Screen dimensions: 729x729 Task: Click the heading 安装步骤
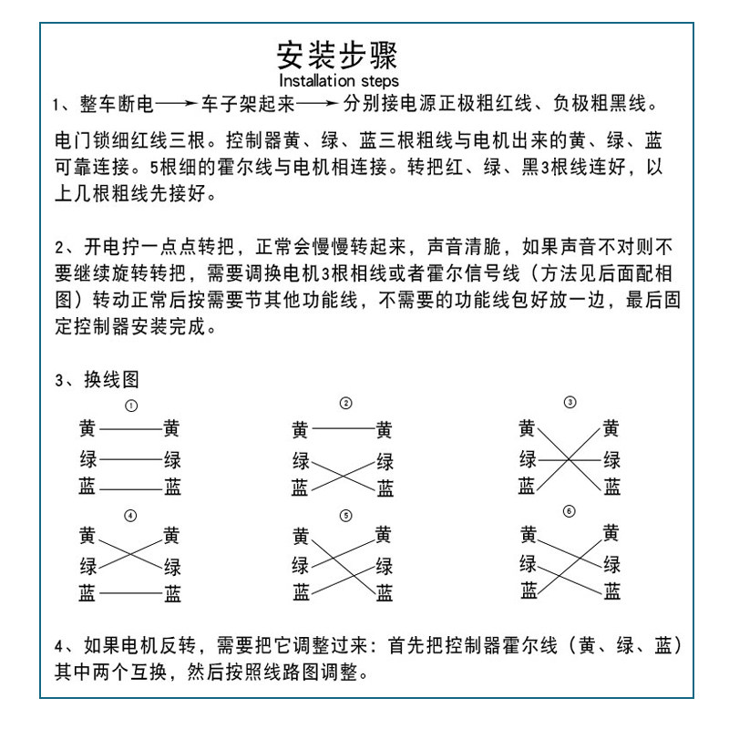point(337,56)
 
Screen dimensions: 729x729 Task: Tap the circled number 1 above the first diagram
point(131,406)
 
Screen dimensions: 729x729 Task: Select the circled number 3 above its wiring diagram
point(570,402)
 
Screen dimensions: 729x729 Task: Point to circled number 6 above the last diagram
point(570,511)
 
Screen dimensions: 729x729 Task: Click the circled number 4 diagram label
point(130,516)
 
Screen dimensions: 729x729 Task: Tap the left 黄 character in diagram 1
point(87,428)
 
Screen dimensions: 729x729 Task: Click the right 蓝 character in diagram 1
point(172,488)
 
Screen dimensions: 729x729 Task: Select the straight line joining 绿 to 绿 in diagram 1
point(130,458)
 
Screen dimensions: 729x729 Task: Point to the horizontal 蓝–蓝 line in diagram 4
point(130,593)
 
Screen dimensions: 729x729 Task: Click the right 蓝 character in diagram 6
point(611,591)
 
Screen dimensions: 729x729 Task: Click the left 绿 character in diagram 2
point(301,459)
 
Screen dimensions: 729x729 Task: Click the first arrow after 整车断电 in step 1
point(179,106)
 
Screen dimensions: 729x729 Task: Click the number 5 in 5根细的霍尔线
point(153,169)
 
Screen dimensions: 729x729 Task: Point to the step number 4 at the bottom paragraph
point(58,646)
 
